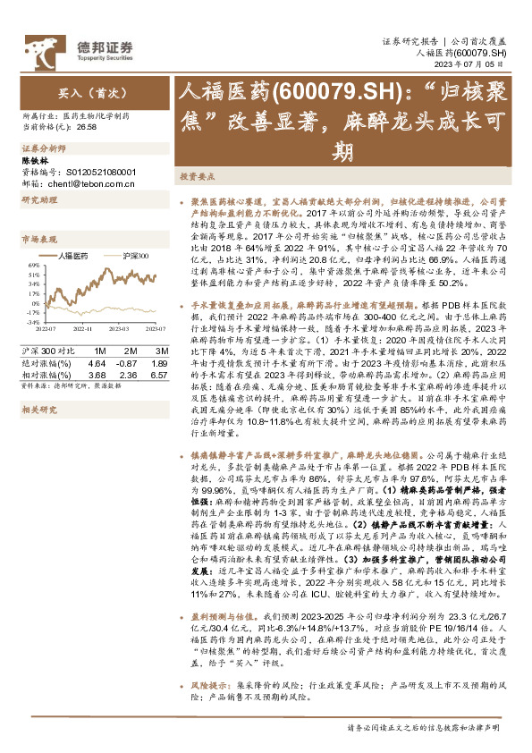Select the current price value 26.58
pos(88,128)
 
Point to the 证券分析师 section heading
pos(44,148)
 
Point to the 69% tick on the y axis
pos(32,265)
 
